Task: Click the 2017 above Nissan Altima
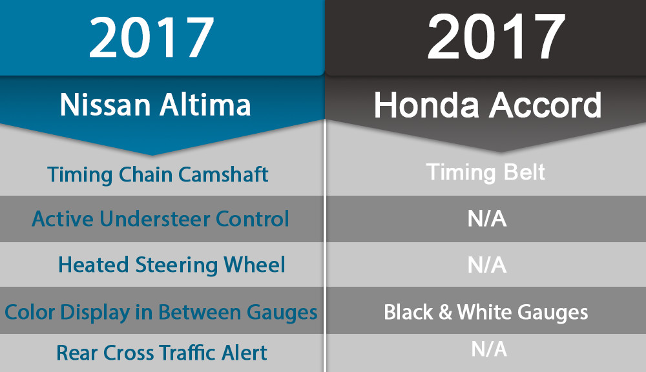pyautogui.click(x=151, y=38)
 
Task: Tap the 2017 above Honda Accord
pyautogui.click(x=496, y=37)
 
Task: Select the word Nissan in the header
pyautogui.click(x=105, y=105)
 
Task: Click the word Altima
pyautogui.click(x=205, y=105)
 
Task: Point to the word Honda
pyautogui.click(x=426, y=105)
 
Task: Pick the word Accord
pyautogui.click(x=545, y=105)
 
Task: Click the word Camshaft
pyautogui.click(x=224, y=174)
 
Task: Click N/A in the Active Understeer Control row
pyautogui.click(x=486, y=218)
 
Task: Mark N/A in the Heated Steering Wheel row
pyautogui.click(x=486, y=265)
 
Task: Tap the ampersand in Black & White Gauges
pyautogui.click(x=445, y=313)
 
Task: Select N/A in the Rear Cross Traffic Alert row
pyautogui.click(x=488, y=349)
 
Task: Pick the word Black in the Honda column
pyautogui.click(x=408, y=313)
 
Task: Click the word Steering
pyautogui.click(x=176, y=265)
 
